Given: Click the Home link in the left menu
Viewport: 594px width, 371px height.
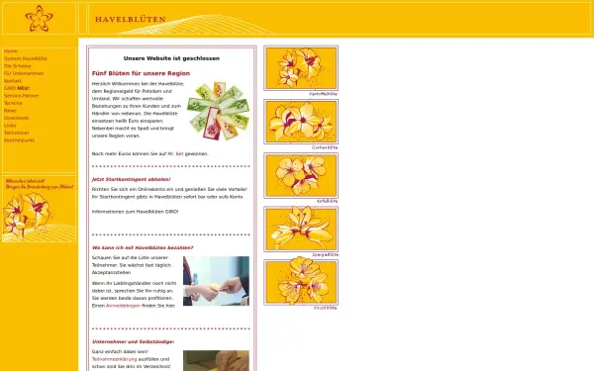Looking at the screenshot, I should (x=11, y=50).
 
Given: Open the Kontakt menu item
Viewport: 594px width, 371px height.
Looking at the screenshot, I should (x=15, y=80).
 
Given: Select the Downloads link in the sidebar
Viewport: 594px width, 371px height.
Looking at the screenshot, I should (x=18, y=117).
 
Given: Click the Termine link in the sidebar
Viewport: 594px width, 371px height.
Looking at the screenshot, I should (x=14, y=102).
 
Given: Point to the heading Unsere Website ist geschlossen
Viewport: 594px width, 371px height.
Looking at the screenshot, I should (x=171, y=58).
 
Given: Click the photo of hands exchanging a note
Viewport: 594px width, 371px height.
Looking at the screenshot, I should (x=216, y=281).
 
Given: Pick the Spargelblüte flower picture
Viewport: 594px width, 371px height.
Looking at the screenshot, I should (x=300, y=228).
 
